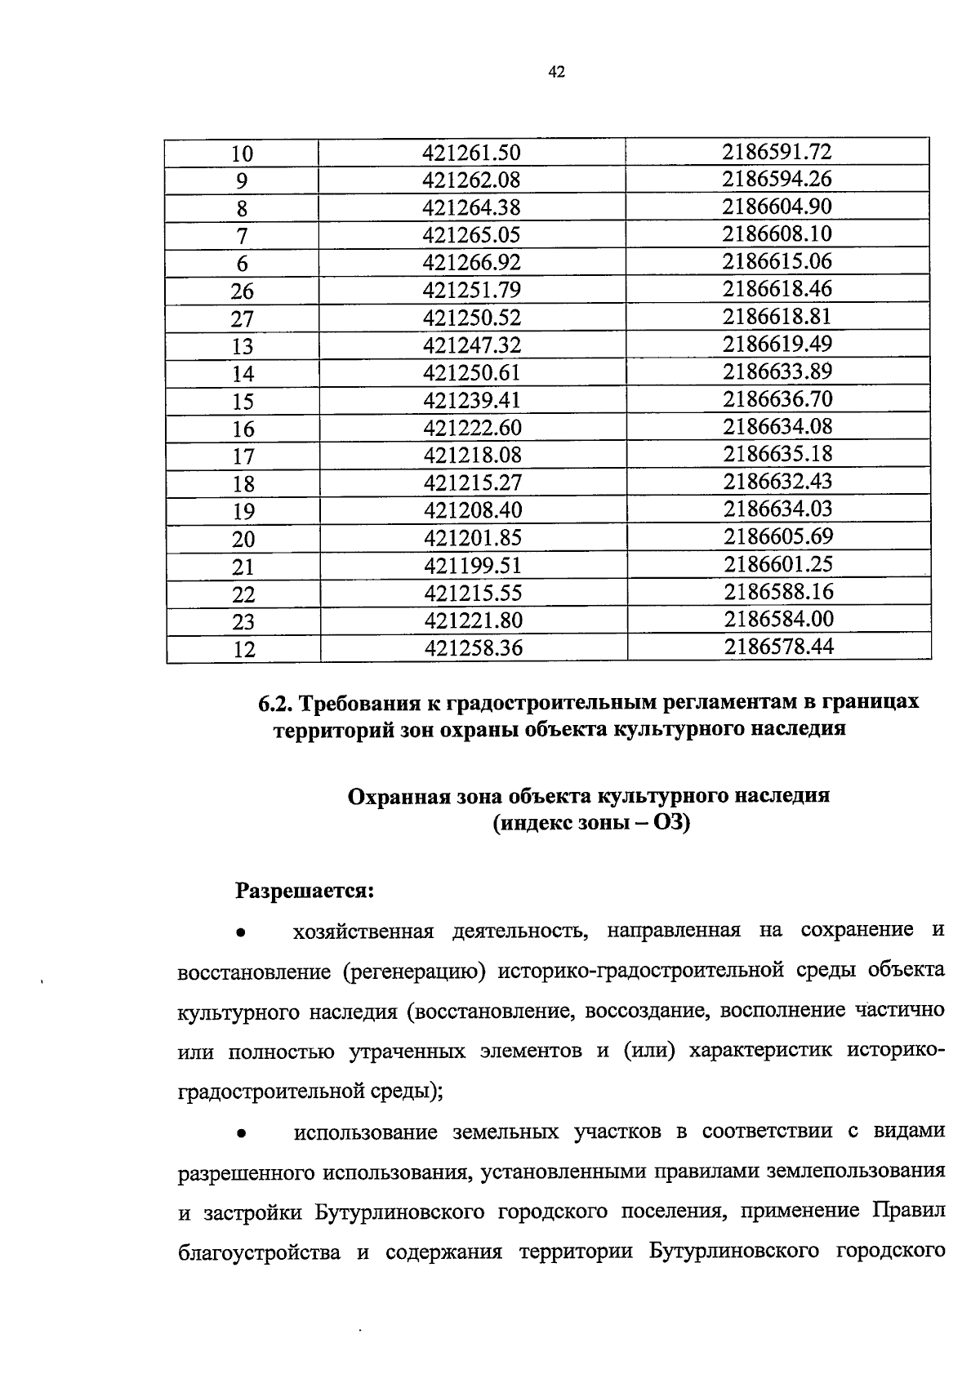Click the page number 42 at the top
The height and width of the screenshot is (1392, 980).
point(556,73)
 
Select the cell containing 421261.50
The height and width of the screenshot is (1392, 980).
point(471,153)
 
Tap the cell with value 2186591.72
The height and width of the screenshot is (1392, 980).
point(777,151)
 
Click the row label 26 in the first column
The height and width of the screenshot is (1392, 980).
point(243,291)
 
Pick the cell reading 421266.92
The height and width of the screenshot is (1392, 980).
point(471,263)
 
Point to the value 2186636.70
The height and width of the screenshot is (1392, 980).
point(777,399)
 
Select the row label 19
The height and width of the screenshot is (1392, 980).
point(243,512)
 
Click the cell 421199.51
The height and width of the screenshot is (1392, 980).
point(472,566)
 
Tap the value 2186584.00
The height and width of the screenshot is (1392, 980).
point(778,619)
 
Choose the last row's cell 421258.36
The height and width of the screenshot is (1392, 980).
point(473,648)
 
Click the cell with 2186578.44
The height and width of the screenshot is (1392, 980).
point(778,647)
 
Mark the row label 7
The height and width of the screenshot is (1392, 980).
point(242,237)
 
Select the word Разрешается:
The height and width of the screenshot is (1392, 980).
point(305,890)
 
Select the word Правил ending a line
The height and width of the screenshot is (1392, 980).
point(908,1211)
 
